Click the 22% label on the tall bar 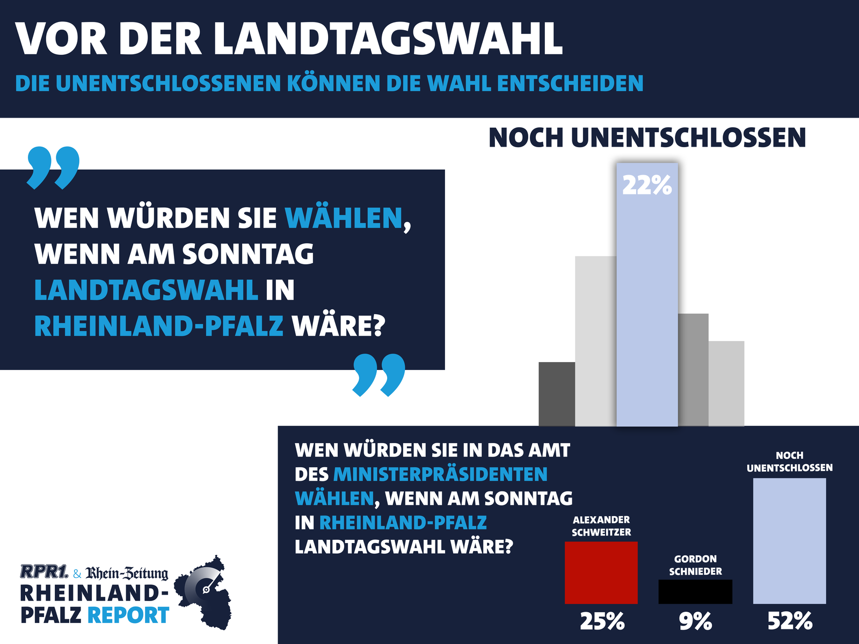[647, 186]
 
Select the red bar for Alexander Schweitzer [601, 573]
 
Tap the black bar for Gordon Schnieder [695, 591]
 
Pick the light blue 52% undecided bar [789, 541]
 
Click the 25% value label [602, 621]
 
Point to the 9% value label [695, 621]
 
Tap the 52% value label [790, 621]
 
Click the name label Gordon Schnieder [695, 565]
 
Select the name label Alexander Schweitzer [601, 526]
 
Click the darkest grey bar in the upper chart [557, 394]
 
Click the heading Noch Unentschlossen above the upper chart [647, 138]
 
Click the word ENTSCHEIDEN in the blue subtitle [570, 83]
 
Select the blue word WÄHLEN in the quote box [344, 218]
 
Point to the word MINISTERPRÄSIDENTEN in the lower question [440, 474]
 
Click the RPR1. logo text [44, 571]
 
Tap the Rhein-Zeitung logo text [127, 573]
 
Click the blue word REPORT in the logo [128, 615]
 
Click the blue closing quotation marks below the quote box [378, 374]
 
